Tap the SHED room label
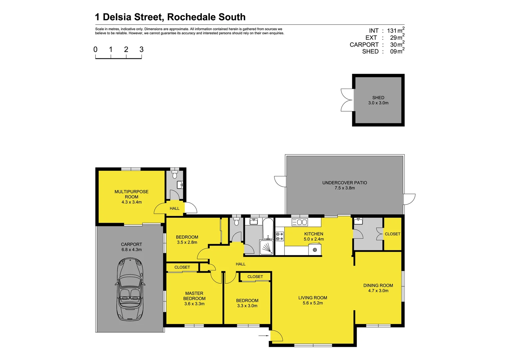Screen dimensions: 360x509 378,98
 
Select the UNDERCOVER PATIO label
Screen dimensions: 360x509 344,183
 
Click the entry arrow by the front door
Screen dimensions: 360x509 263,336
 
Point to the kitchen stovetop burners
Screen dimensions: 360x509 280,236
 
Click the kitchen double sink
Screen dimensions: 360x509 299,222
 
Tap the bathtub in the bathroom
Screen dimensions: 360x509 268,229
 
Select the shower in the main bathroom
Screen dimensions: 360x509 266,248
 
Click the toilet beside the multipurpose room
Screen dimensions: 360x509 175,175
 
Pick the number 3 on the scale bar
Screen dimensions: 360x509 142,50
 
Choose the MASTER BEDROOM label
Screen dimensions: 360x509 194,296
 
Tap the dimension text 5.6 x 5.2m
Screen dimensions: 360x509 312,303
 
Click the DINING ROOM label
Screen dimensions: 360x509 378,285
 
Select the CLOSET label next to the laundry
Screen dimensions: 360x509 392,234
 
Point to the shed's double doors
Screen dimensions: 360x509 347,100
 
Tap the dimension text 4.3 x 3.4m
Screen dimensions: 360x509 132,202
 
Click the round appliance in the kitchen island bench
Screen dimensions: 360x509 315,250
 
